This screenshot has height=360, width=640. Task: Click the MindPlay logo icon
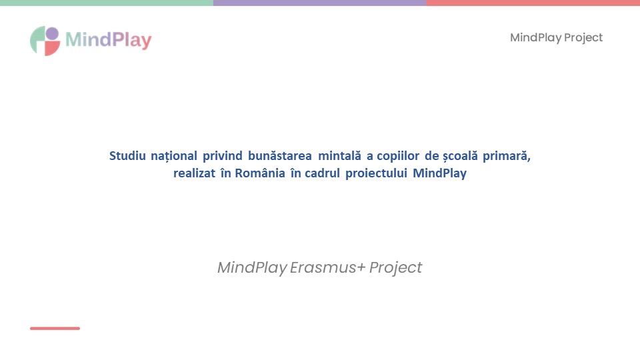45,41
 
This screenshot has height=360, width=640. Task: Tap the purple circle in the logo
52,33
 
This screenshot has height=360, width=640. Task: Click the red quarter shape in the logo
52,49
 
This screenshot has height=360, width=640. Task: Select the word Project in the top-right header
583,38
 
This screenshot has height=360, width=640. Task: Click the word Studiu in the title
127,156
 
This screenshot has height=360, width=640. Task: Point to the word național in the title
174,156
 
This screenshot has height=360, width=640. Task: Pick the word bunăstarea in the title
280,156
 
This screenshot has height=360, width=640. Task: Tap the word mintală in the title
339,156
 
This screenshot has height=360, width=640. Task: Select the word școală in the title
461,156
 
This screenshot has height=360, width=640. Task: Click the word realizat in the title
194,173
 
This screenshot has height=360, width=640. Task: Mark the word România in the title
260,173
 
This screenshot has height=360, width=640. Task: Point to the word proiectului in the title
376,174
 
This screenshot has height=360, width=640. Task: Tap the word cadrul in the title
323,173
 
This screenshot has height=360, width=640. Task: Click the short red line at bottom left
55,328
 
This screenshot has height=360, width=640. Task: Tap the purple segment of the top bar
320,3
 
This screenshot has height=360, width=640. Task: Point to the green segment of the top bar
107,3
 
